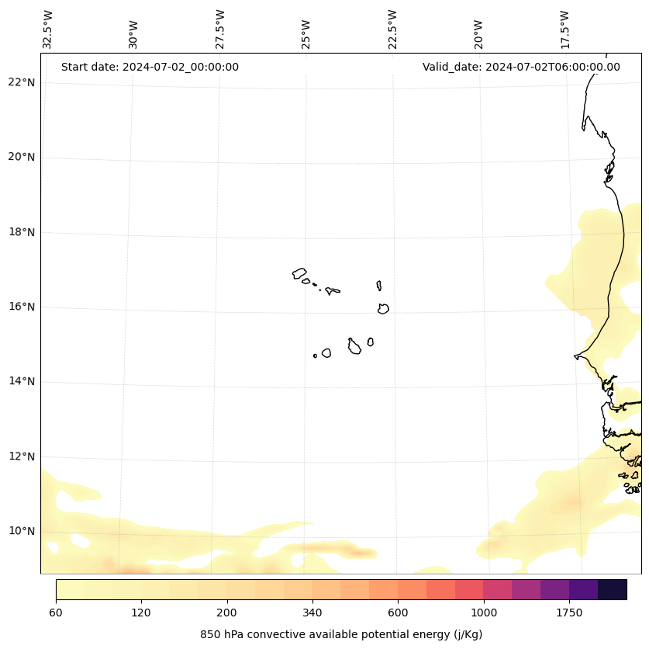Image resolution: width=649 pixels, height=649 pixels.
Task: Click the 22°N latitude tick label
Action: coord(22,82)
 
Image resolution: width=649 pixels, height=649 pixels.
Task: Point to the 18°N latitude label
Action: coord(22,232)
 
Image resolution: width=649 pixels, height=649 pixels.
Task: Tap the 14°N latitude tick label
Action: coord(22,381)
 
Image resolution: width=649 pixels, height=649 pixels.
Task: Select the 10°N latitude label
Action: coord(22,531)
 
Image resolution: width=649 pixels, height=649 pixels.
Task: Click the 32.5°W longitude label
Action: coord(48,29)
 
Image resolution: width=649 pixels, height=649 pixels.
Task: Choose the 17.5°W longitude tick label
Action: coord(565,29)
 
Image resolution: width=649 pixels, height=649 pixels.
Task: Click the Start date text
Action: coord(150,67)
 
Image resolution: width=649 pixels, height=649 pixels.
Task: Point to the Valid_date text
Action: coord(521,67)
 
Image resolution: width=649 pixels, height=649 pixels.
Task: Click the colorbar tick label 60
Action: coord(56,613)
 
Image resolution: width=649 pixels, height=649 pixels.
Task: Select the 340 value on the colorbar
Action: coord(312,613)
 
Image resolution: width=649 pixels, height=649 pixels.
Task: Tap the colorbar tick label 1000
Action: coord(484,613)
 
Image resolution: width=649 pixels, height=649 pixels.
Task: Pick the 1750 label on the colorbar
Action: coord(569,613)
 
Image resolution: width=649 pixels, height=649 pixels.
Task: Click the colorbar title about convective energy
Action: coord(341,634)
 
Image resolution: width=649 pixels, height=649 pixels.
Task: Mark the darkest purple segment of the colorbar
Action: coord(613,589)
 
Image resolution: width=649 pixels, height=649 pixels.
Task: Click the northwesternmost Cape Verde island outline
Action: coord(299,273)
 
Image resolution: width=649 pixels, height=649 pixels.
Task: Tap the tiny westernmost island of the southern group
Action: coord(315,356)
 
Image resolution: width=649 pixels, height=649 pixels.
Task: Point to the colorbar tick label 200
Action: coord(227,613)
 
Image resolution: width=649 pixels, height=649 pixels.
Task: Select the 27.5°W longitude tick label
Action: coord(220,29)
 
